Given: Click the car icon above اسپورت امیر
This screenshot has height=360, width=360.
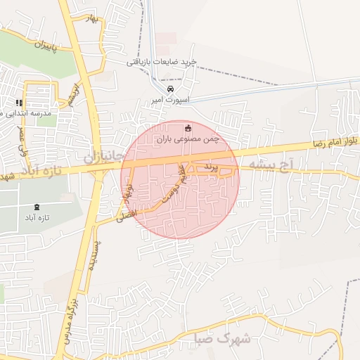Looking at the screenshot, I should click(x=169, y=89).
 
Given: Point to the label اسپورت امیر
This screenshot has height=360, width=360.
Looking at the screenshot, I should click(x=168, y=101).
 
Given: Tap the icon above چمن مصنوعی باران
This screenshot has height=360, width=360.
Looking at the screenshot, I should click(x=188, y=128).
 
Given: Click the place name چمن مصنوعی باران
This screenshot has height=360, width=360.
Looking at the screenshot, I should click(x=188, y=139).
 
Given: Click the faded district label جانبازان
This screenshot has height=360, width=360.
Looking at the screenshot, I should click(x=105, y=155).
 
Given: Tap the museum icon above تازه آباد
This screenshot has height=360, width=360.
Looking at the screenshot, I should click(x=37, y=207).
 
